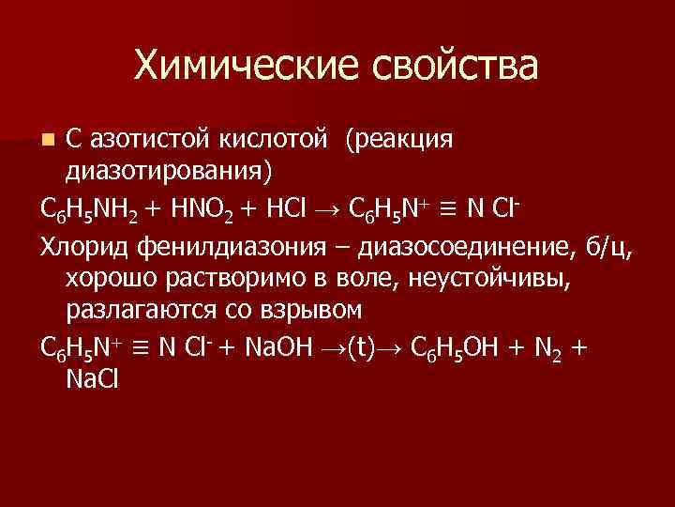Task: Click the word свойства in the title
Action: [457, 65]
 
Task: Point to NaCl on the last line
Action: [92, 377]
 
